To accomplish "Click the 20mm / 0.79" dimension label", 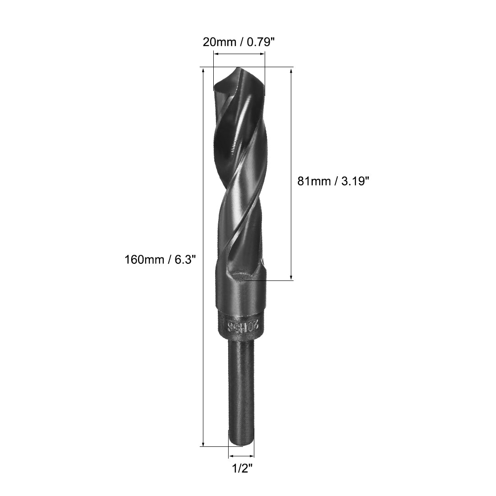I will tap(239, 42).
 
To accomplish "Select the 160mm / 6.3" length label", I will tap(161, 259).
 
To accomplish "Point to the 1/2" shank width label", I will tap(241, 469).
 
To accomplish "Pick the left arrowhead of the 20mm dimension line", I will tap(216, 54).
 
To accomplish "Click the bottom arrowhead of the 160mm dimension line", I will tap(204, 444).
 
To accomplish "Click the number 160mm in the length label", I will tap(142, 259).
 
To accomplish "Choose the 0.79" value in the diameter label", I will tap(258, 42).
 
